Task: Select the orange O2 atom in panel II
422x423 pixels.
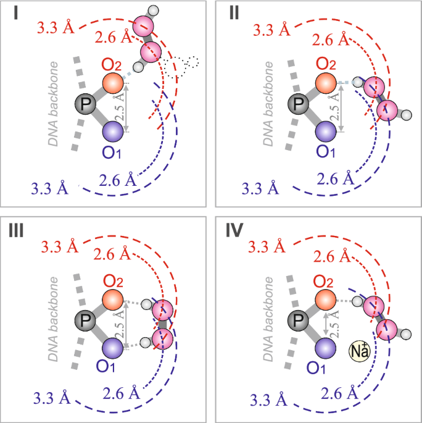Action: click(x=325, y=82)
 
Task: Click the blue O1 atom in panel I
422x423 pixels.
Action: click(x=113, y=132)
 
